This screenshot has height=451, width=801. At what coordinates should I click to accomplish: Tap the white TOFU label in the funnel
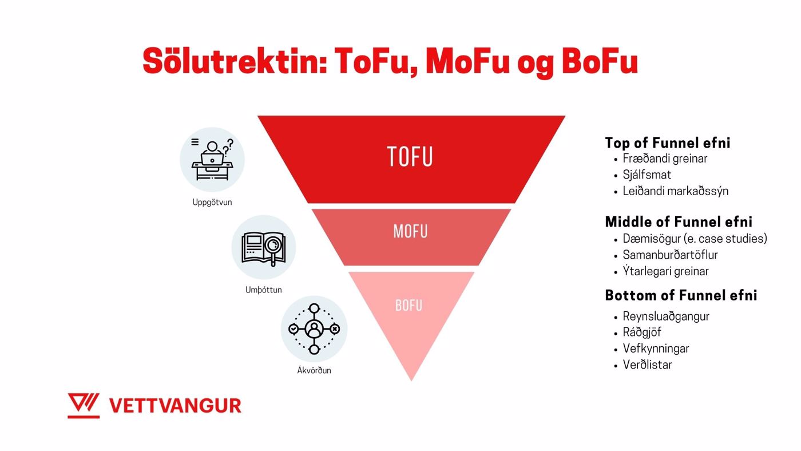pyautogui.click(x=410, y=156)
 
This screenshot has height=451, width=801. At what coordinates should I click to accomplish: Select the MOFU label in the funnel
pyautogui.click(x=411, y=231)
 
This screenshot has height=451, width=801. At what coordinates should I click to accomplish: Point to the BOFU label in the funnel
pyautogui.click(x=409, y=306)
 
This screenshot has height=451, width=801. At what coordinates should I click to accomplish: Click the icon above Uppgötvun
pyautogui.click(x=212, y=160)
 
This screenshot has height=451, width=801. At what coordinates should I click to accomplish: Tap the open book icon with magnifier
pyautogui.click(x=264, y=247)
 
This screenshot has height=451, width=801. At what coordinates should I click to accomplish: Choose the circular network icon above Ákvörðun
pyautogui.click(x=314, y=329)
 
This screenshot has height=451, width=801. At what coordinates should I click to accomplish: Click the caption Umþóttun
pyautogui.click(x=264, y=290)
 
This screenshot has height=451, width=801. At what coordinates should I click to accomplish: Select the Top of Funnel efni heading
pyautogui.click(x=667, y=143)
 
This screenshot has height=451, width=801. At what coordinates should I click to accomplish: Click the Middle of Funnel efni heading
pyautogui.click(x=679, y=221)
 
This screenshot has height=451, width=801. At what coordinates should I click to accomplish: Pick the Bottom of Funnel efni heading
pyautogui.click(x=681, y=295)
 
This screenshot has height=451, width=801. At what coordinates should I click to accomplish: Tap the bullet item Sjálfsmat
pyautogui.click(x=647, y=175)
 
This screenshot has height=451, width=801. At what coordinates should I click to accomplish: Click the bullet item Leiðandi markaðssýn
pyautogui.click(x=676, y=191)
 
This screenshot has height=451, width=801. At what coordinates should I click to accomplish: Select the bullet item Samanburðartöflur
pyautogui.click(x=670, y=255)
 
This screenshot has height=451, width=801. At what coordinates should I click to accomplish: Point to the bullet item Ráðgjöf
pyautogui.click(x=642, y=333)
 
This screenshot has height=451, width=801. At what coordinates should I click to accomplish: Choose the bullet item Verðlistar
pyautogui.click(x=647, y=365)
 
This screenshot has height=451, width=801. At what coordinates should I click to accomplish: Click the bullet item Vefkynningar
pyautogui.click(x=656, y=349)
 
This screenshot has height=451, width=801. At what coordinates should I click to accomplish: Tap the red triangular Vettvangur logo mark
pyautogui.click(x=84, y=406)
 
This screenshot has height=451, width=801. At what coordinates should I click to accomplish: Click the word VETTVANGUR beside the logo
pyautogui.click(x=175, y=406)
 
